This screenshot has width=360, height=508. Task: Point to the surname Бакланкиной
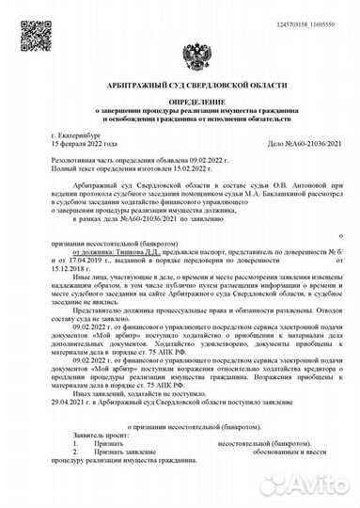tap(255, 198)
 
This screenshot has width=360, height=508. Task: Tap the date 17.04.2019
tap(96, 262)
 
